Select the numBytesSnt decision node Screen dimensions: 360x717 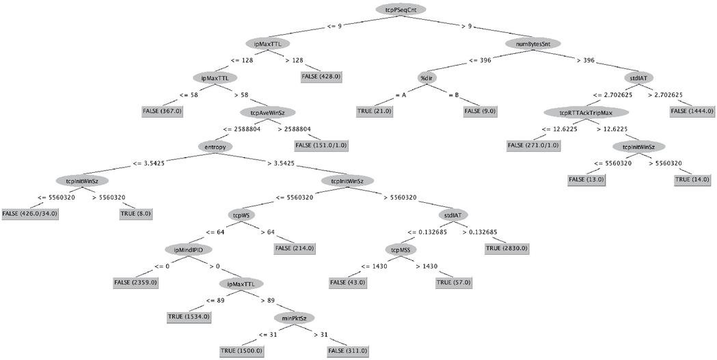coord(533,43)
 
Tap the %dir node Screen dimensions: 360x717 coord(427,77)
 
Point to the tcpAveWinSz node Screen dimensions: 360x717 coord(268,112)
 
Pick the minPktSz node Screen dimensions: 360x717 coord(294,317)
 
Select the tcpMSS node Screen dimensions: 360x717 coord(400,249)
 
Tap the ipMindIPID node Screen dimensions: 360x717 coord(188,249)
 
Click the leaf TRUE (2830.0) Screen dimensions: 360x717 coord(506,248)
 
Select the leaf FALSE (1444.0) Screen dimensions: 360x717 coord(692,111)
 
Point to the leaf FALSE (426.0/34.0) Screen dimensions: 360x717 coord(30,214)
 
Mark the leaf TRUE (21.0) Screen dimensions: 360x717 coord(374,111)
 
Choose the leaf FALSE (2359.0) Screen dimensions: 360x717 coord(135,282)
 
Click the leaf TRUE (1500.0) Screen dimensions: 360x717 coord(241,350)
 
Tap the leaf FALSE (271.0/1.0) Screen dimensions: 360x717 coord(533,145)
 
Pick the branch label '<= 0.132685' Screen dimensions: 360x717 coord(429,232)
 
